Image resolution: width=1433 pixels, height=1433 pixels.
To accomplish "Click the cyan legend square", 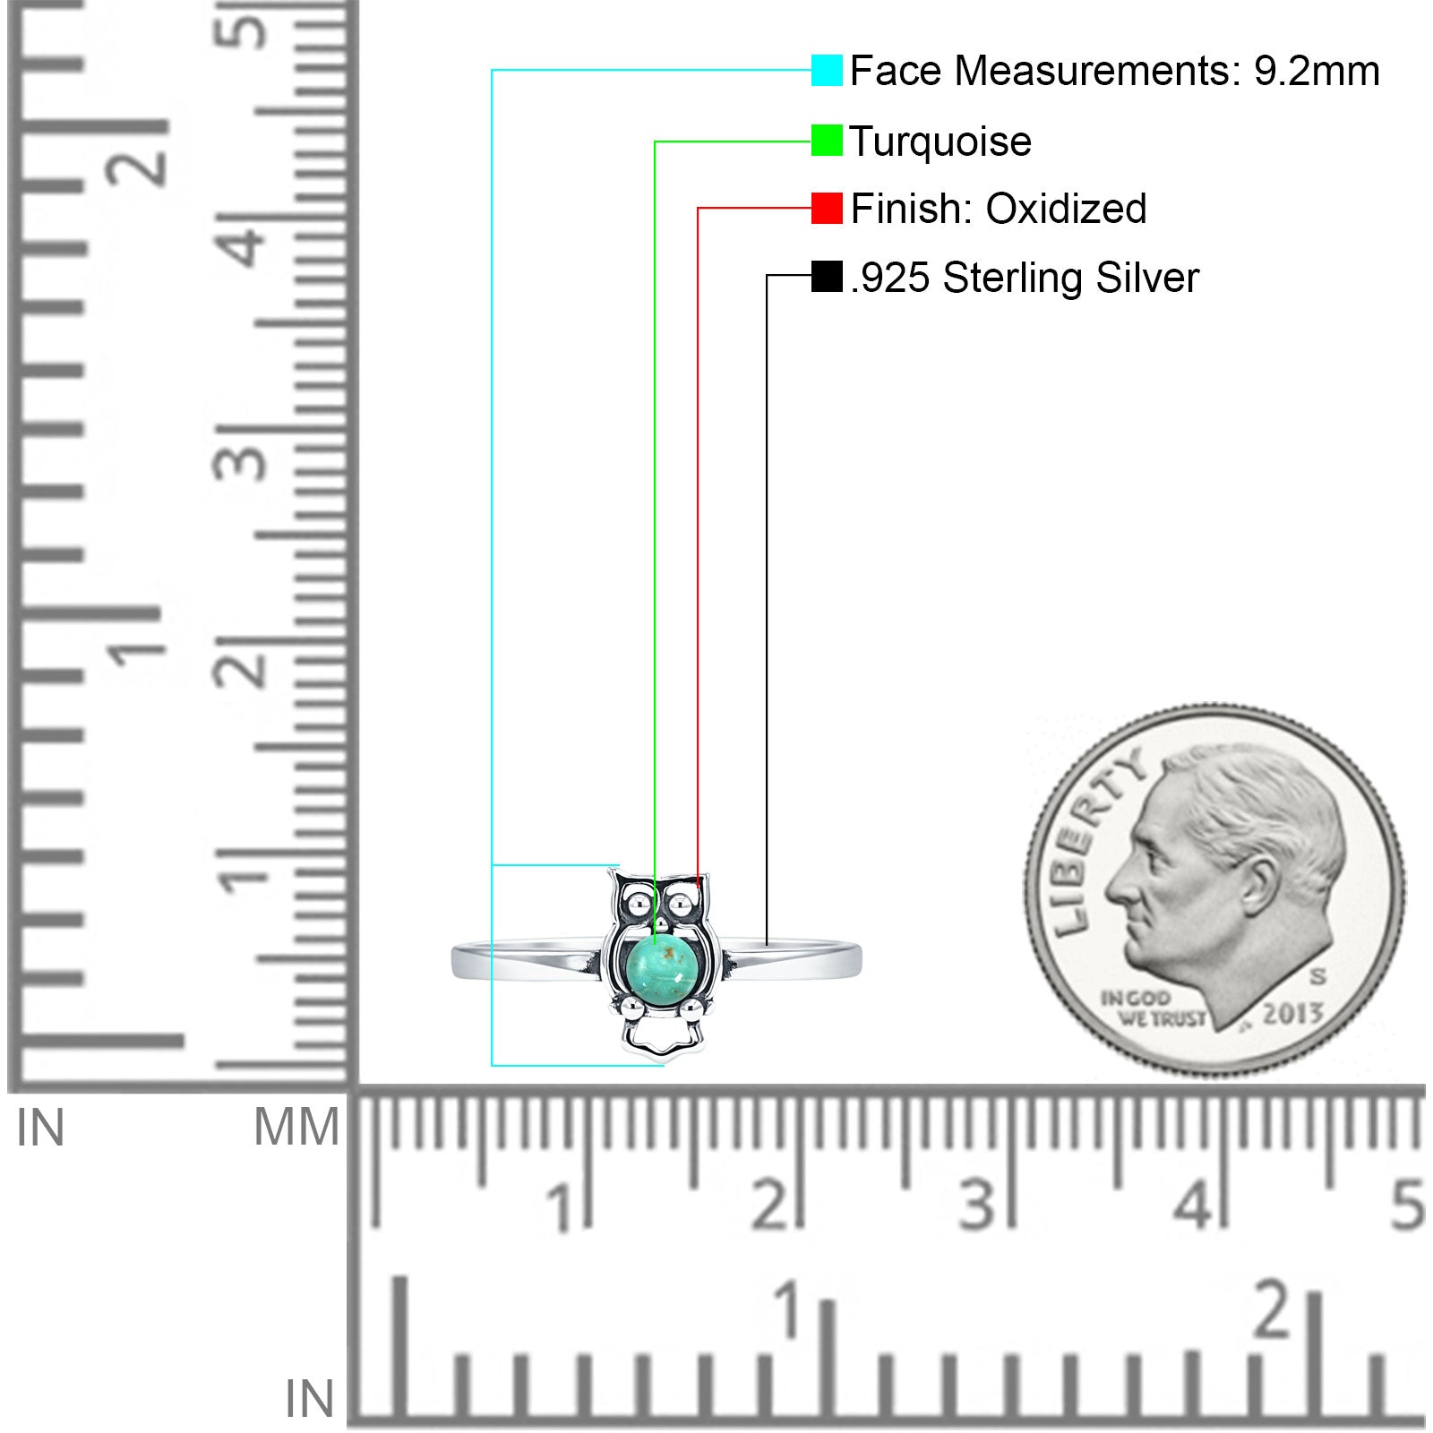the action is tap(827, 70).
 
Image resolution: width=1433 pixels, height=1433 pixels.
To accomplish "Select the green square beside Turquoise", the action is tap(827, 141).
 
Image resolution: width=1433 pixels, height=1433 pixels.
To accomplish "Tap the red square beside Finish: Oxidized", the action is tap(827, 208).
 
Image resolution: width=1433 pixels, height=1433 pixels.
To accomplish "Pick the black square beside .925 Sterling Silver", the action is tap(827, 277).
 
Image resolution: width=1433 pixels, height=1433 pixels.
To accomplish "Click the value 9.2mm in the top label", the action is tap(1317, 72).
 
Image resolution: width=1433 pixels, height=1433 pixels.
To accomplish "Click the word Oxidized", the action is tap(1066, 209).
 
